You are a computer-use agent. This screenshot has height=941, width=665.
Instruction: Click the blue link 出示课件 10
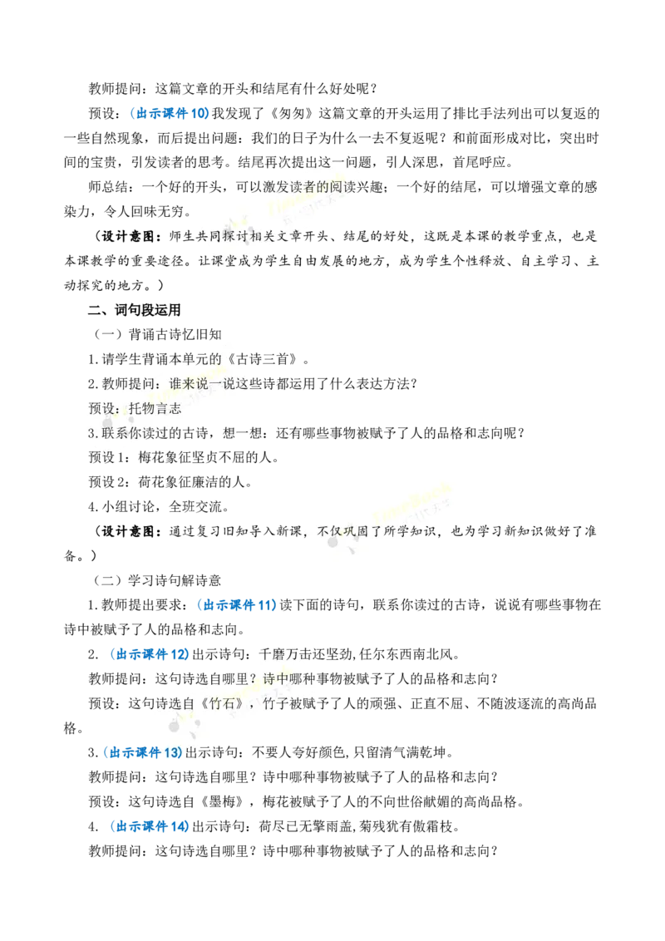pos(170,113)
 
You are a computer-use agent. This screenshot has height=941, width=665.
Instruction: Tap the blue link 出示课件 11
pos(236,605)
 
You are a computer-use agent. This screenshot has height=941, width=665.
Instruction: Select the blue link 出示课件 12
pos(150,654)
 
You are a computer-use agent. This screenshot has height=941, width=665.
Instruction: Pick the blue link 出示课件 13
pos(142,752)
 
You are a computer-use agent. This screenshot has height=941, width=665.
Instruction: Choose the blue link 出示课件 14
pos(150,826)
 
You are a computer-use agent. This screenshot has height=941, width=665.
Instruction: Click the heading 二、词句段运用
pos(135,310)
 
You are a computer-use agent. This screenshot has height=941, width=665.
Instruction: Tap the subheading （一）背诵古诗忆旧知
pos(157,334)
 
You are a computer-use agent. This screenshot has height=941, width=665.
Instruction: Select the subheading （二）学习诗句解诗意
pos(157,580)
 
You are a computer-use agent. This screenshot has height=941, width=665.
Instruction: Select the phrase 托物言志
pos(155,409)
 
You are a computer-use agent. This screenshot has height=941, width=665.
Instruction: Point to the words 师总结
pos(108,187)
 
